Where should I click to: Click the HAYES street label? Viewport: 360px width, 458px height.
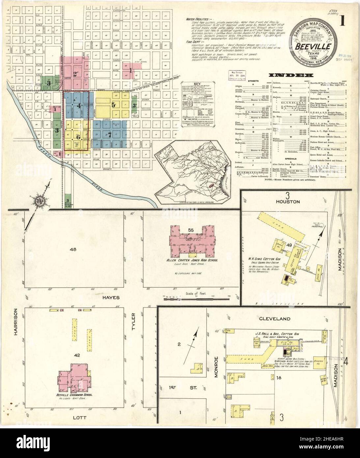pyautogui.click(x=105, y=297)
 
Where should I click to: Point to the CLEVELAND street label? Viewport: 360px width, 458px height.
pyautogui.click(x=278, y=319)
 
